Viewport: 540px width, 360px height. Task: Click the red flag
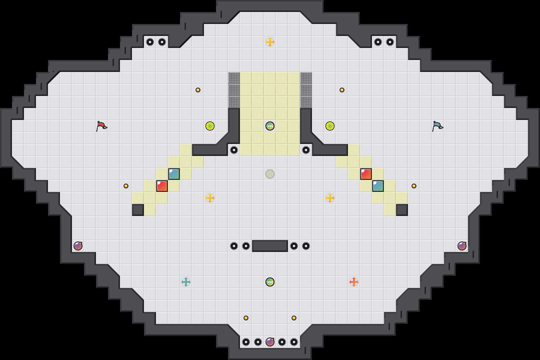(101, 126)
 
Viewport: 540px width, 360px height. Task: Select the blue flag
(437, 126)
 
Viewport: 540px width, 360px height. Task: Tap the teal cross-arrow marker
(186, 282)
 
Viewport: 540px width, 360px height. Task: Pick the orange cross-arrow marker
(354, 282)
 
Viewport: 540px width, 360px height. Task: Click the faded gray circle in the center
(270, 174)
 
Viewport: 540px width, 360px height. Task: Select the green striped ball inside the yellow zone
(270, 126)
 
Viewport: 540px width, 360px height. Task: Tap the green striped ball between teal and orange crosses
(270, 282)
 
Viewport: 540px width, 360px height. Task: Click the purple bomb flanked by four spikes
(270, 342)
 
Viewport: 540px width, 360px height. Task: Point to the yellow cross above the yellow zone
(270, 42)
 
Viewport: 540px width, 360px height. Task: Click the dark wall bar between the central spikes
(270, 246)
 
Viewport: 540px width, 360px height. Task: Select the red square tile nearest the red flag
(162, 186)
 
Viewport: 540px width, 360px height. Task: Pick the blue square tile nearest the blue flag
(378, 186)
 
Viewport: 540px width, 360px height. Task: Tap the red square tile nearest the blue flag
(366, 174)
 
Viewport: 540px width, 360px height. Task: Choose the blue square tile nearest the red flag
(174, 174)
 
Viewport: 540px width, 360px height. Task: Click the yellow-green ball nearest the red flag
(210, 126)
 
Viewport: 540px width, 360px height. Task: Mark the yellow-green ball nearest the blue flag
(330, 126)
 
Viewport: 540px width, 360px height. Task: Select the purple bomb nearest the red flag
(78, 246)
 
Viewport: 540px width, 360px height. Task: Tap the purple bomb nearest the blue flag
(462, 246)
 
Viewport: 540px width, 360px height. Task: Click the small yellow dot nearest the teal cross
(246, 318)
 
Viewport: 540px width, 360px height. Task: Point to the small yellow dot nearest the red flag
(126, 186)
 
